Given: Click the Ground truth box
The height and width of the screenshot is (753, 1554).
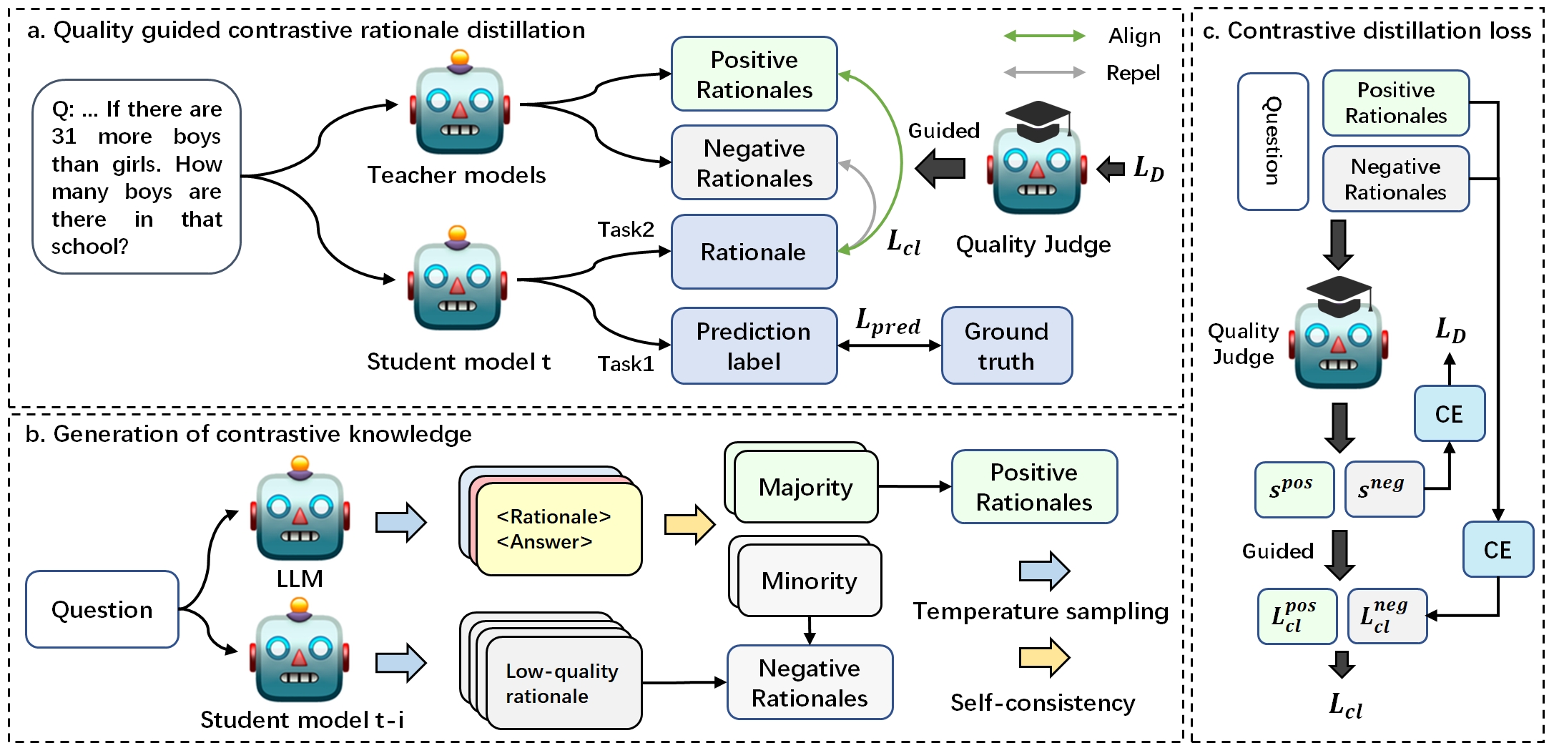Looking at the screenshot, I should [x=1006, y=346].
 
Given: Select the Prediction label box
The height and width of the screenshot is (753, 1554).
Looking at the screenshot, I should [x=754, y=346].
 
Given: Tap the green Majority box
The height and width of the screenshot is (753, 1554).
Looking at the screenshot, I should [x=805, y=487].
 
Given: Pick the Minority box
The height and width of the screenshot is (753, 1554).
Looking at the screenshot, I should [x=809, y=581].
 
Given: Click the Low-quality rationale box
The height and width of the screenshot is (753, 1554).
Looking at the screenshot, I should [x=563, y=683].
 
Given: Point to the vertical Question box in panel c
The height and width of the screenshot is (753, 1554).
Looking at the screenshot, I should [x=1272, y=142].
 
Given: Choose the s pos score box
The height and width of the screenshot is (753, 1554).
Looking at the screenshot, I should [x=1294, y=489].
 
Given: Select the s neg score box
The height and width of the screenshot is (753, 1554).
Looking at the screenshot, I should [x=1383, y=489].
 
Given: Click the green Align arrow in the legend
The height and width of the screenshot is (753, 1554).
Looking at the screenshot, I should [x=1044, y=36].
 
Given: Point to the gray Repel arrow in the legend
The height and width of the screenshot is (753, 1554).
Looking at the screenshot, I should [x=1044, y=72].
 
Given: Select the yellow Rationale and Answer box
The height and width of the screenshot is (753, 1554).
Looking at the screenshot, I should [x=559, y=530].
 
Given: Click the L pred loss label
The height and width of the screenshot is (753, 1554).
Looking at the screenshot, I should [x=887, y=323].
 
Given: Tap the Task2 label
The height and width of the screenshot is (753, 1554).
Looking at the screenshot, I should [x=626, y=230].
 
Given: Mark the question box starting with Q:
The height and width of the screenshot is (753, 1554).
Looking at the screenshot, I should [x=137, y=177].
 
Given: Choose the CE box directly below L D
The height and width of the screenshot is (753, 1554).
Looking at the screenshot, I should [x=1449, y=414].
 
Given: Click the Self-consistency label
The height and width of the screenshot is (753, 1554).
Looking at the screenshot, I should [x=1042, y=703].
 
